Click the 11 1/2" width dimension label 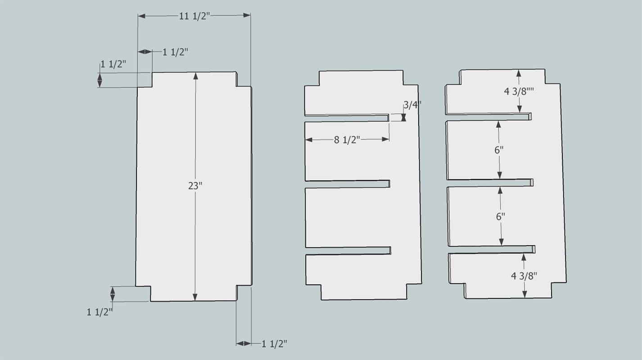(194, 16)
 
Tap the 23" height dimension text (195, 186)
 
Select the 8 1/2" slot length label (347, 140)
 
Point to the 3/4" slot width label (412, 105)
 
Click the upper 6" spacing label (499, 150)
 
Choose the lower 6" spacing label (501, 216)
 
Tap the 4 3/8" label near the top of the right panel (519, 92)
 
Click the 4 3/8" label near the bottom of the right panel (524, 276)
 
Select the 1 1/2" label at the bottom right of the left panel (274, 344)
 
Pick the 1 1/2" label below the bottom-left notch (100, 312)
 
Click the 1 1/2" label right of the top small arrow (176, 52)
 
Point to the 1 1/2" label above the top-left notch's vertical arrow (113, 64)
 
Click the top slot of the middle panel (347, 118)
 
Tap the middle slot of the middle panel (348, 184)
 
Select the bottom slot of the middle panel (348, 251)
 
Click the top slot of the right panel (488, 117)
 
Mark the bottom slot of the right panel (492, 249)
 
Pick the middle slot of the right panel (490, 183)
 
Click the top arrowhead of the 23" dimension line (195, 76)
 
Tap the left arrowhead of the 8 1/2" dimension (309, 140)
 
